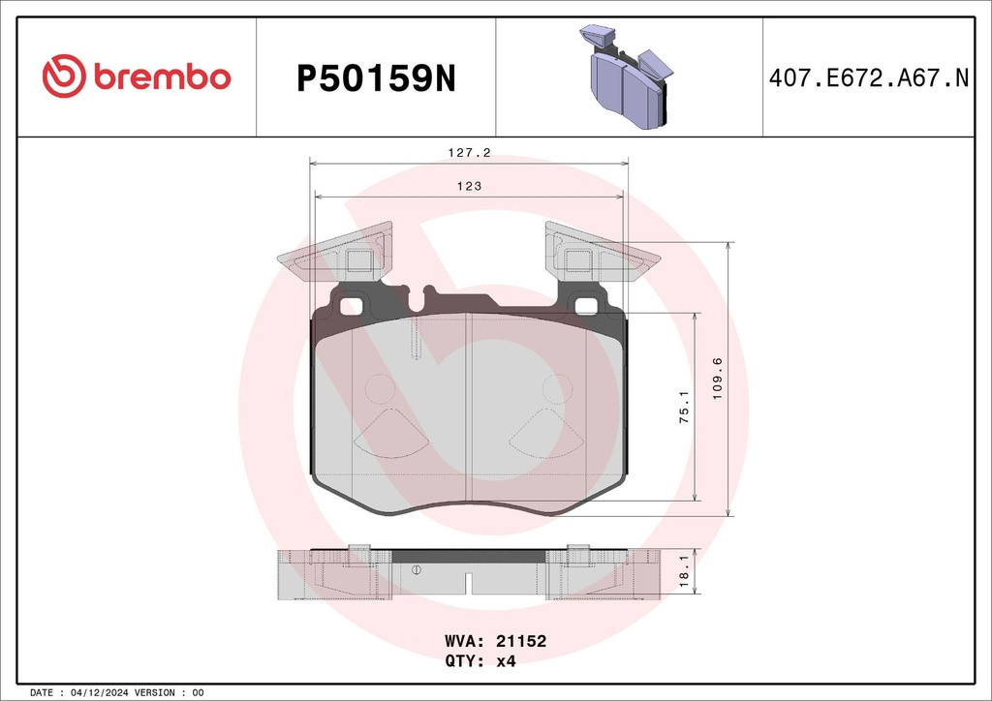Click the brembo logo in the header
click(x=137, y=76)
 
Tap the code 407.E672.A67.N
click(x=868, y=78)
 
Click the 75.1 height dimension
click(x=684, y=406)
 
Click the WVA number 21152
click(x=522, y=641)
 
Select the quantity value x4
click(x=505, y=662)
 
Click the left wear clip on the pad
click(x=334, y=255)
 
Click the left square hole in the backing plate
click(x=353, y=307)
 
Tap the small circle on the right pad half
click(x=556, y=388)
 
